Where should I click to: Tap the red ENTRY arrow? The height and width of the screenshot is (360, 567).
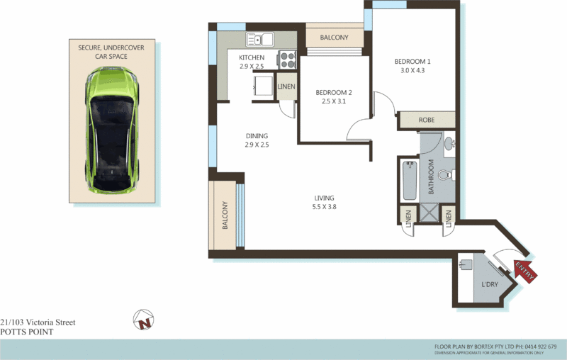click(525, 270)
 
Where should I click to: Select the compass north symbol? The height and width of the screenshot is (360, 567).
click(145, 321)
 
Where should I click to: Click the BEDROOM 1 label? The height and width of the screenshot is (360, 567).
click(412, 62)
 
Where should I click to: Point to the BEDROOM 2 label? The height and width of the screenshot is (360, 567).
click(334, 93)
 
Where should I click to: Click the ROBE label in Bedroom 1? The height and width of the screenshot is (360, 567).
click(427, 120)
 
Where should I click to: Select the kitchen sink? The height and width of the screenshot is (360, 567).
click(260, 40)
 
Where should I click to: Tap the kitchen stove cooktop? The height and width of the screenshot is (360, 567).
click(287, 60)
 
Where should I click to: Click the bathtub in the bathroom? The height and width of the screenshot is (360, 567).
click(409, 181)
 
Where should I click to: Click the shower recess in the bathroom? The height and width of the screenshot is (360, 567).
click(428, 212)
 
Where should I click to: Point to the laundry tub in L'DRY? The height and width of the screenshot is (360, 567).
click(464, 266)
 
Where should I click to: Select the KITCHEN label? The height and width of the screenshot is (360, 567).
click(252, 57)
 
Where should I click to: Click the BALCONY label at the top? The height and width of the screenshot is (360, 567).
click(334, 38)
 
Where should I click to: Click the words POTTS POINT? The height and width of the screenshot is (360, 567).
click(26, 331)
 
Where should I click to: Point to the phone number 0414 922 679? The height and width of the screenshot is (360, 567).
click(541, 346)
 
